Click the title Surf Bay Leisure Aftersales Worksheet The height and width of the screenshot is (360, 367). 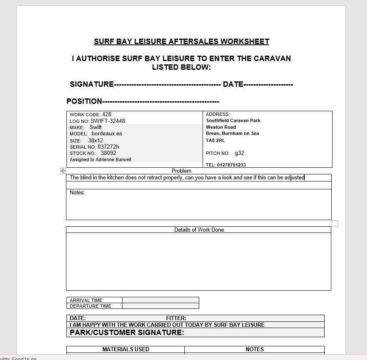(181, 42)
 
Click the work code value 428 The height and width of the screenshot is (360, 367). (107, 114)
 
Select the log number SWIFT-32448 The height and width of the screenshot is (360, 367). (108, 121)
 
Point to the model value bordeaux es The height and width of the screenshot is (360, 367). (107, 134)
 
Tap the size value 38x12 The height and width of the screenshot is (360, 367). (95, 140)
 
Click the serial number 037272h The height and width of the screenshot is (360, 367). (108, 147)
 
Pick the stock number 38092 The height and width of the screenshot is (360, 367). (108, 153)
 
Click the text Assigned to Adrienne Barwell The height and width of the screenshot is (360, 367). (100, 159)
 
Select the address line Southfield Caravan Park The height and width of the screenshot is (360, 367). (233, 120)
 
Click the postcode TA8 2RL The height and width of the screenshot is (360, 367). (215, 140)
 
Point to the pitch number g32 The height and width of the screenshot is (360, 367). (240, 153)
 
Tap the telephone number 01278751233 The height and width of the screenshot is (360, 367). (231, 165)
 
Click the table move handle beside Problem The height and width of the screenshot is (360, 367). (63, 171)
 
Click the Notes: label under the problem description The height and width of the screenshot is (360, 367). (77, 192)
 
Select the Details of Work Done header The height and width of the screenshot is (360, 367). (199, 230)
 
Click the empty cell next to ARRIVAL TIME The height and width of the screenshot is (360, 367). (160, 300)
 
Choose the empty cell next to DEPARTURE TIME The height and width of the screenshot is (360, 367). (160, 306)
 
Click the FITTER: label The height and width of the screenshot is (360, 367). (176, 318)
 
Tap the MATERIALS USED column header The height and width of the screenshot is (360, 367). (125, 349)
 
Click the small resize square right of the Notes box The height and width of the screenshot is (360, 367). (335, 223)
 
